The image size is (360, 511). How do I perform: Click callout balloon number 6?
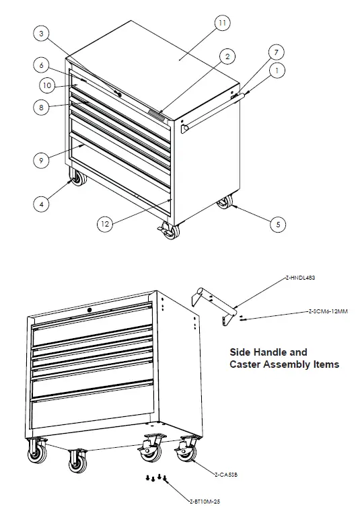click(41, 65)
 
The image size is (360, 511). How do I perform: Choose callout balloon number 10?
click(46, 85)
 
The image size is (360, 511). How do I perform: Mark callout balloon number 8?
click(41, 108)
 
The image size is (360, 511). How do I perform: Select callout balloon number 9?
click(41, 159)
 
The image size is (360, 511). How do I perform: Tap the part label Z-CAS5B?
click(224, 475)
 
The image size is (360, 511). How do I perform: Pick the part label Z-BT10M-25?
click(205, 502)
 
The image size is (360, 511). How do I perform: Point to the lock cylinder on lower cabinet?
click(90, 310)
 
